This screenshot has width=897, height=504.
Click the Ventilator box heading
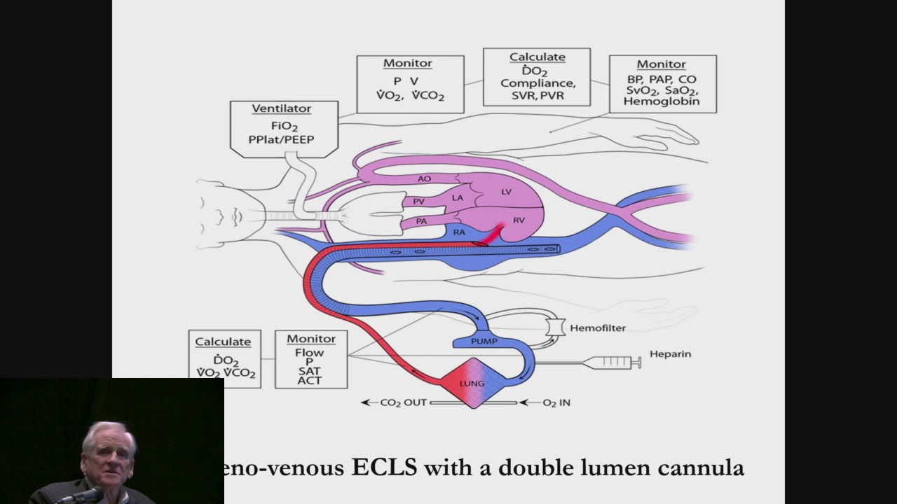[281, 109]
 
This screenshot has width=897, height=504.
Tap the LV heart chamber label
[506, 191]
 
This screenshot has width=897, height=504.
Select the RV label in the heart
[519, 220]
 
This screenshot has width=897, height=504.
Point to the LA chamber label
[458, 198]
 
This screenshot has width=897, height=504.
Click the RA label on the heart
[459, 232]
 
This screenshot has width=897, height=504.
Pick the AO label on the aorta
[424, 178]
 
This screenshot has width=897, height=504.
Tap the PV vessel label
[418, 202]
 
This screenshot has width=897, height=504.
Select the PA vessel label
[421, 221]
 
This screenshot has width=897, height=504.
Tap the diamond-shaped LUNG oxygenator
[472, 384]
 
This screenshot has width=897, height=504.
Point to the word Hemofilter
[598, 328]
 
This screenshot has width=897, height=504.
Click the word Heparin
[670, 354]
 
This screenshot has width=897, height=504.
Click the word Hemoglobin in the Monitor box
[662, 101]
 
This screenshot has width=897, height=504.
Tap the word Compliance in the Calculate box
[536, 83]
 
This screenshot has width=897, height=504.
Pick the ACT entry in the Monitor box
[309, 380]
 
